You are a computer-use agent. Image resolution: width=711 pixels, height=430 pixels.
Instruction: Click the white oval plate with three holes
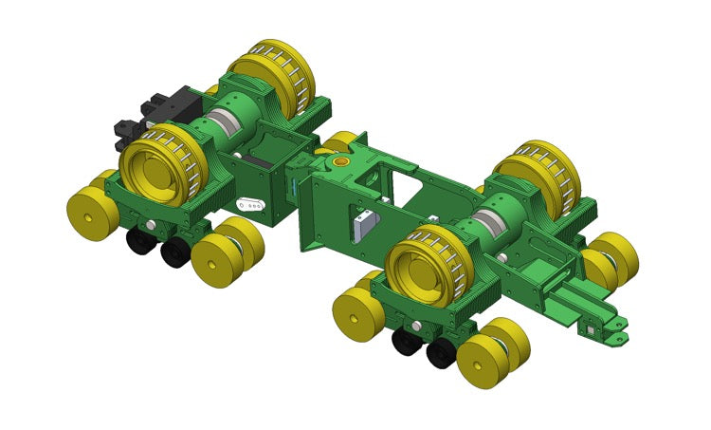point(250,203)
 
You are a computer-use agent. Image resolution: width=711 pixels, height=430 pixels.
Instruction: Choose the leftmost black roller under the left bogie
point(140,243)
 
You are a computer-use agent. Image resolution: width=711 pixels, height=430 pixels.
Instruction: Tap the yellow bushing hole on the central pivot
point(342,164)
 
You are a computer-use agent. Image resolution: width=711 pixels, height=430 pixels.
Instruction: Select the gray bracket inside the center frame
point(364,226)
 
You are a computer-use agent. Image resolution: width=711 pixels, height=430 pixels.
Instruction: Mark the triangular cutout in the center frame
point(405,190)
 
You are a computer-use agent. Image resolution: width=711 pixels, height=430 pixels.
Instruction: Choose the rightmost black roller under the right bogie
point(440,353)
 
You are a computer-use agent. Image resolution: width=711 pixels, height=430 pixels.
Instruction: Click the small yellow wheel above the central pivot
point(341,142)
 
